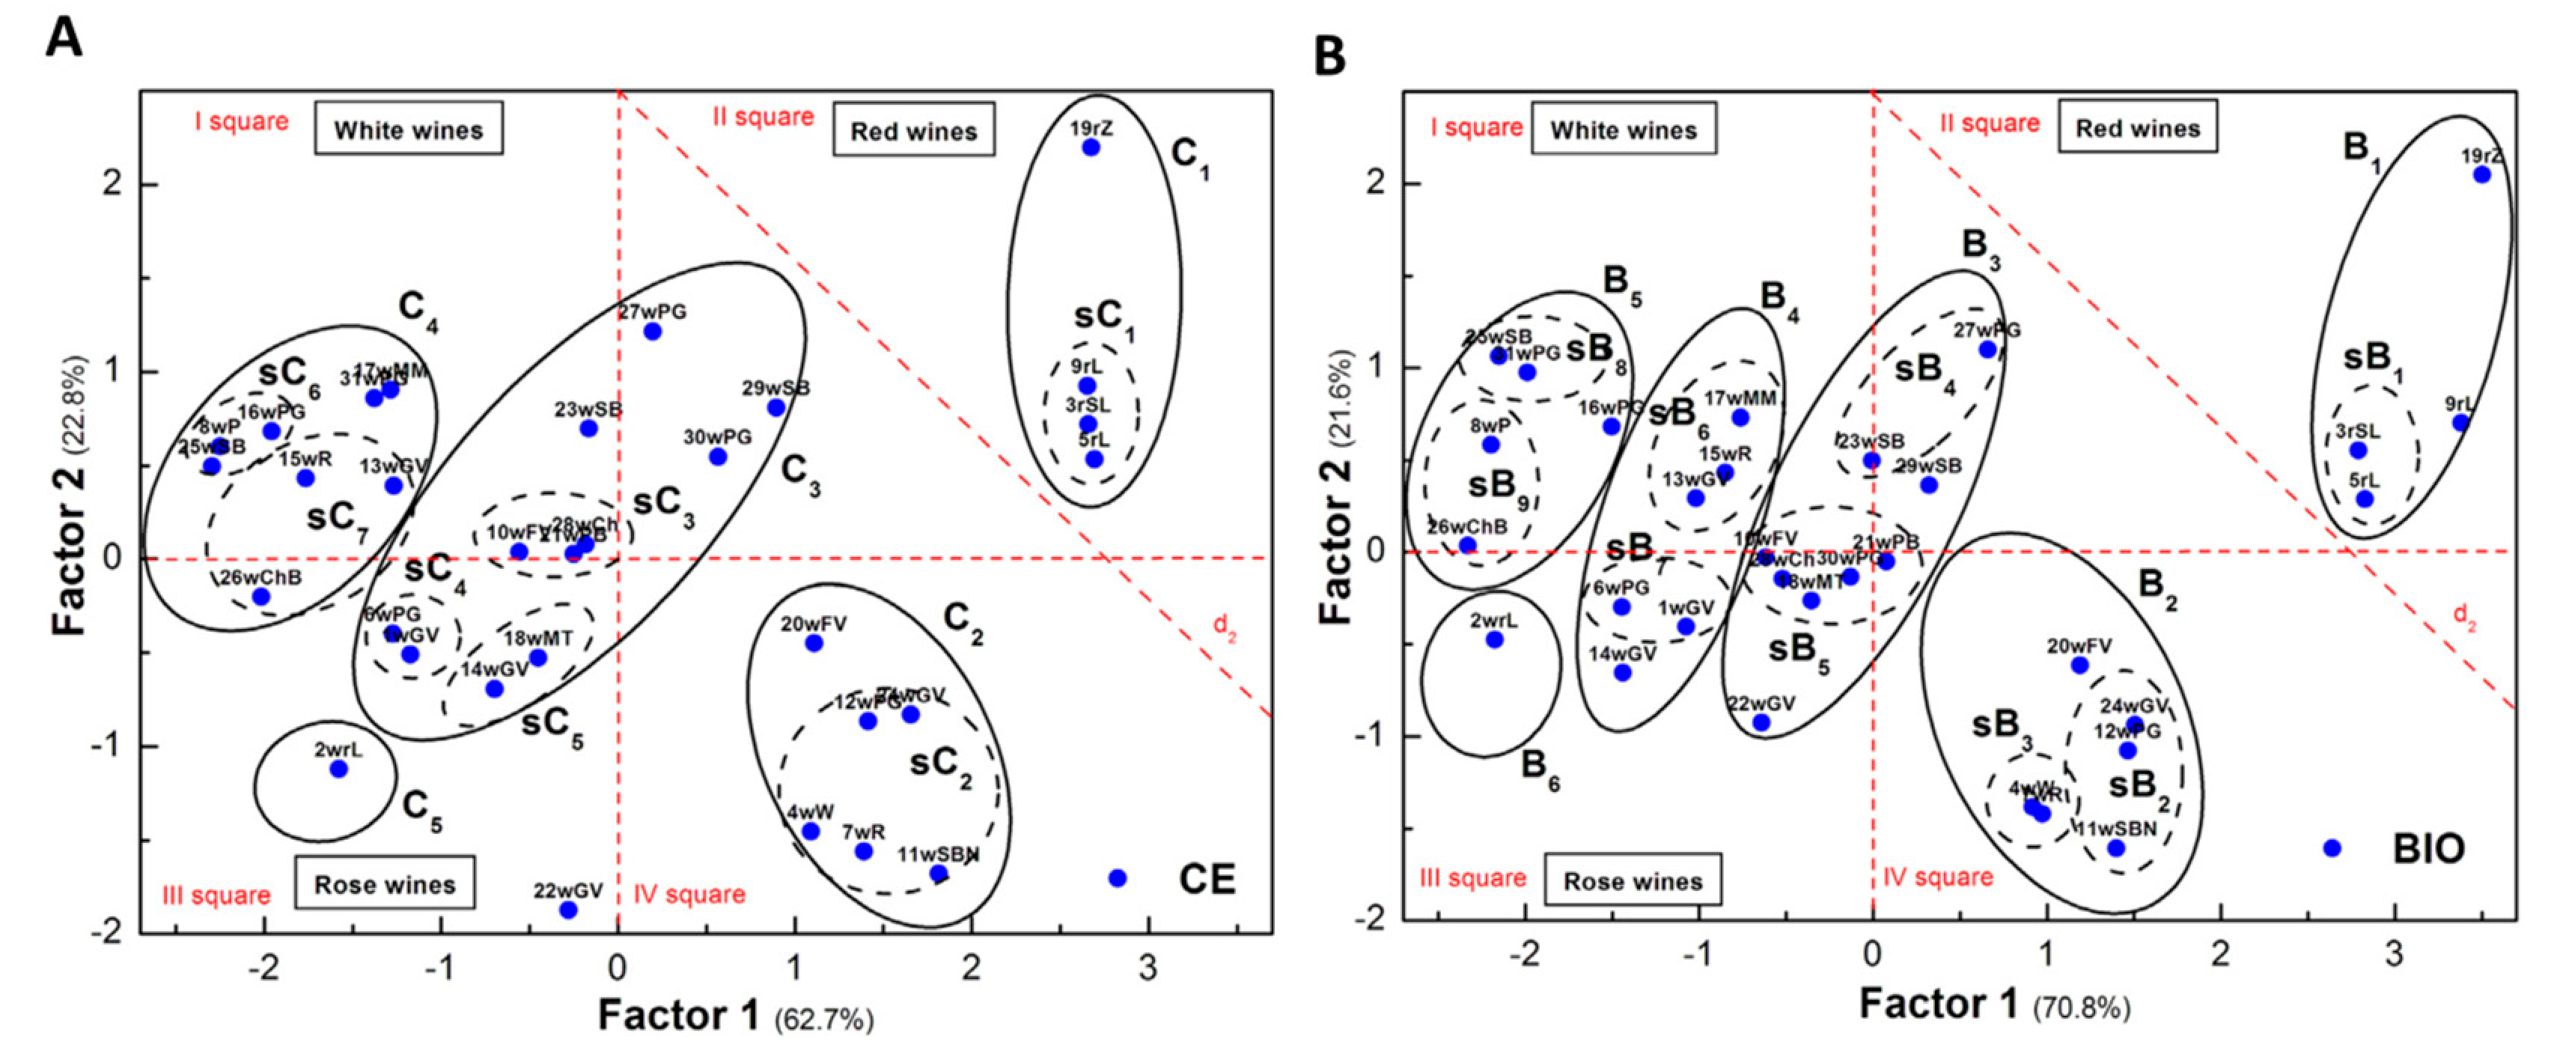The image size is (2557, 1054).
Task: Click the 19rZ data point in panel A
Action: (x=1091, y=147)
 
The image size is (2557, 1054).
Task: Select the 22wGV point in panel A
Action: (x=568, y=909)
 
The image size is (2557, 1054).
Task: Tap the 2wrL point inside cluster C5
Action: (x=338, y=768)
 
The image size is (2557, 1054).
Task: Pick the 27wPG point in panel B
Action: (x=1987, y=350)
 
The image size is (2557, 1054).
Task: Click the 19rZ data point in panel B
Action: (x=2481, y=174)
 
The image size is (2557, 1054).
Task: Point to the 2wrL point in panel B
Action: (x=1494, y=639)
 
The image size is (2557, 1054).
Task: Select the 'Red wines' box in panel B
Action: (x=2137, y=128)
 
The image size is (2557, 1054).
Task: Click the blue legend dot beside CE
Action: (x=1117, y=878)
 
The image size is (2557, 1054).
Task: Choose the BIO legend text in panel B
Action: (x=2428, y=849)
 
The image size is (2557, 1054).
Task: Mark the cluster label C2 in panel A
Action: (x=961, y=624)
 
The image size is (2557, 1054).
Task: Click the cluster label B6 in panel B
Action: (x=1538, y=768)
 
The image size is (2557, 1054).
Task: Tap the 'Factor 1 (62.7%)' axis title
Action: (x=734, y=1017)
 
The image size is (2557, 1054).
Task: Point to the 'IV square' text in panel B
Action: (x=1938, y=877)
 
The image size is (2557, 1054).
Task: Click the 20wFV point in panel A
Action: (x=814, y=643)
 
